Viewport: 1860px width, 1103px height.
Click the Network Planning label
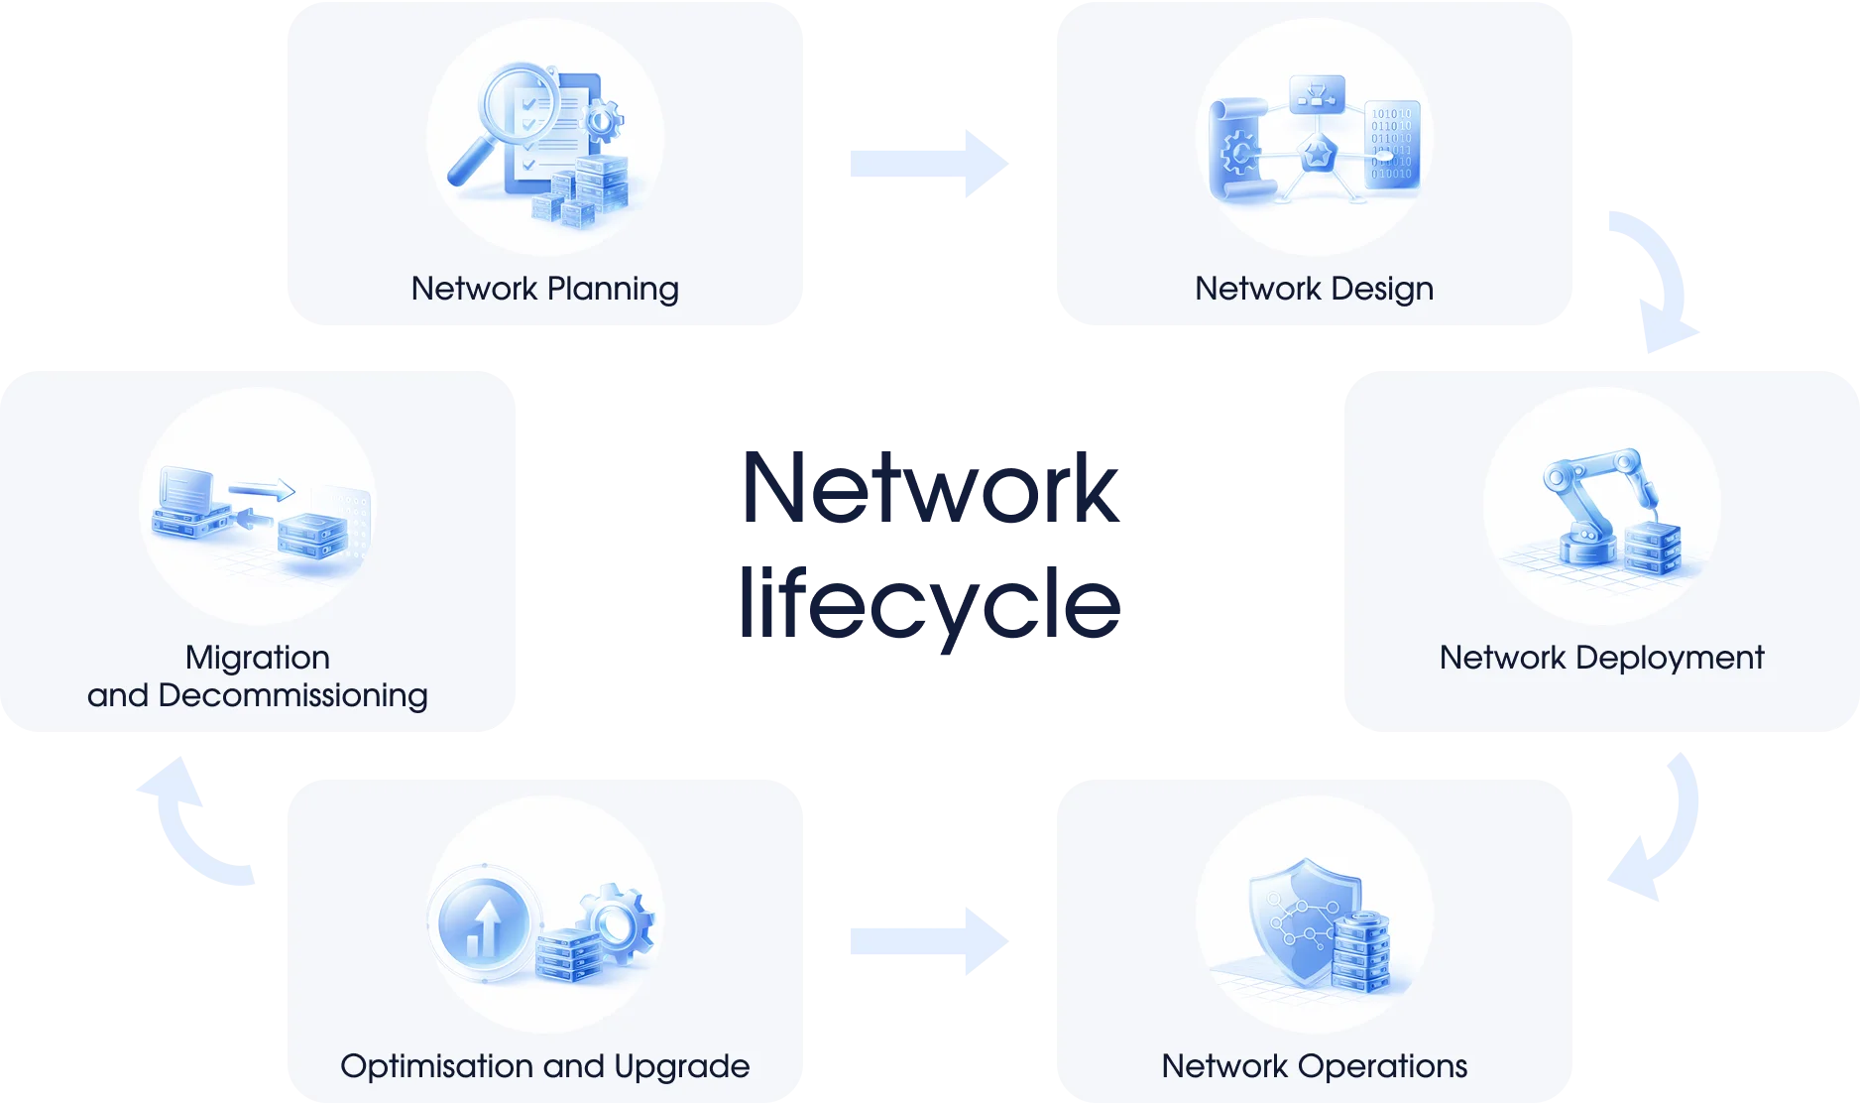tap(544, 289)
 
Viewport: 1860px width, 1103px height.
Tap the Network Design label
tap(1314, 289)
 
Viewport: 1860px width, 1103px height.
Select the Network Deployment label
tap(1601, 658)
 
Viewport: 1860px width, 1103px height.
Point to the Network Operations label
tap(1314, 1066)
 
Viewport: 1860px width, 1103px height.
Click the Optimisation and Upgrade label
tap(544, 1066)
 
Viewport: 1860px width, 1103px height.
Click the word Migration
tap(257, 658)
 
